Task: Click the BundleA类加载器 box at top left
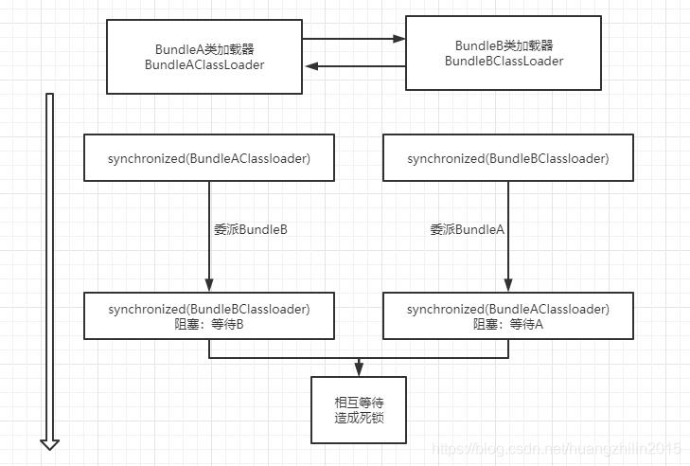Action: click(x=204, y=57)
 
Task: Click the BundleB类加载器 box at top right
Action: click(x=503, y=52)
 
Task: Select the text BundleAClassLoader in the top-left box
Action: click(x=204, y=65)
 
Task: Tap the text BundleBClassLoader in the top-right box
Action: click(x=504, y=61)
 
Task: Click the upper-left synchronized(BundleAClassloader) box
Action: click(x=209, y=158)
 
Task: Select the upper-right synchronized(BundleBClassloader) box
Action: click(x=508, y=158)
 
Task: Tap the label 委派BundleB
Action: click(x=250, y=229)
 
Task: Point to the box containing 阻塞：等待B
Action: click(x=209, y=315)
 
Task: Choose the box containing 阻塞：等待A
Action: click(x=508, y=315)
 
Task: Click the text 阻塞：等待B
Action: click(x=209, y=323)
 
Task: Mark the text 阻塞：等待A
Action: click(x=508, y=323)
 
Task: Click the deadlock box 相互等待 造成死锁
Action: click(x=358, y=409)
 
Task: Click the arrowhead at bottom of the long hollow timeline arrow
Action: click(x=50, y=442)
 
